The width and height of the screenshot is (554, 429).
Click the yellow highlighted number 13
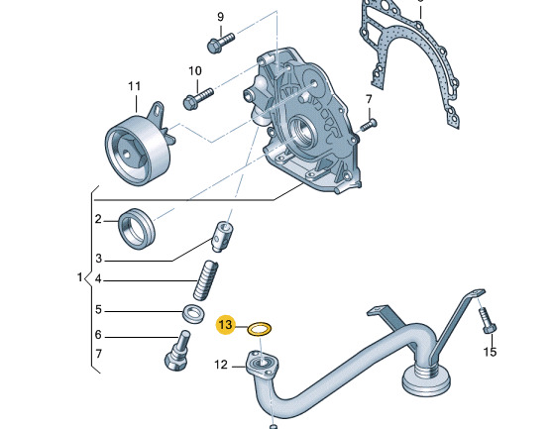(x=226, y=324)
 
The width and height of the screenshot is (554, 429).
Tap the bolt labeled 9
(x=220, y=43)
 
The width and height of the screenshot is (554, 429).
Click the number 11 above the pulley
(x=134, y=86)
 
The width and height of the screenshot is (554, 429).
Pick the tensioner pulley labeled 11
(x=140, y=145)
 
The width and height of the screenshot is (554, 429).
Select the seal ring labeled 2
(x=136, y=229)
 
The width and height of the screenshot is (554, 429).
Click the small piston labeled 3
(x=223, y=236)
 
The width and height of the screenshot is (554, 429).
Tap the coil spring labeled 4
(x=204, y=280)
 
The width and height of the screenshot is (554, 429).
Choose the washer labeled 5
(x=193, y=313)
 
